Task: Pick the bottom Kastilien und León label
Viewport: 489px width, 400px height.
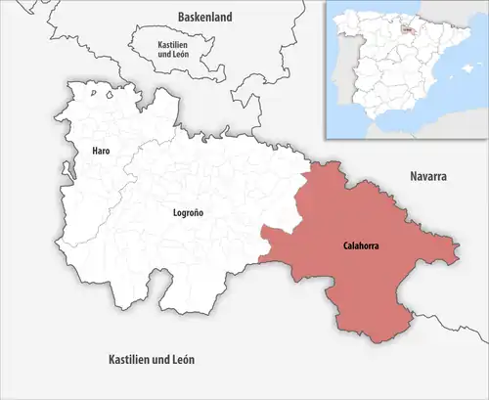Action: (x=152, y=360)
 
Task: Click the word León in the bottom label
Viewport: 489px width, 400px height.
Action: (x=181, y=360)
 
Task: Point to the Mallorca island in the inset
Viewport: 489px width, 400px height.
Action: (x=467, y=69)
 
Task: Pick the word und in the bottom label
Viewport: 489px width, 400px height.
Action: (x=156, y=360)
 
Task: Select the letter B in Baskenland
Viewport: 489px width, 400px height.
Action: (x=181, y=17)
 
